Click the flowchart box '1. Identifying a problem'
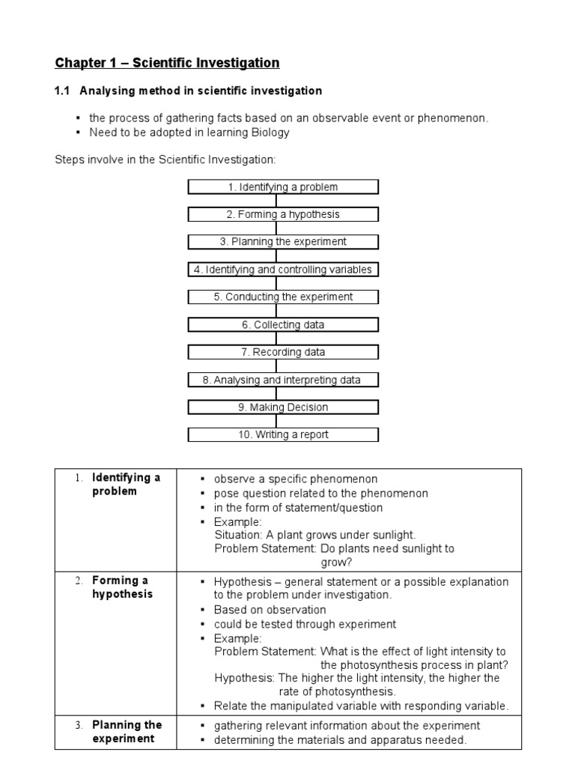coord(283,187)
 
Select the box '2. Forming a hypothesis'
coord(283,214)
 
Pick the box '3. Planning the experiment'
coord(283,242)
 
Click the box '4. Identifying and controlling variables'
coord(283,270)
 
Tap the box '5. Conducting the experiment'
coord(283,297)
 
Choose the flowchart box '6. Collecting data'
coord(283,324)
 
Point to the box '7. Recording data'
coord(283,352)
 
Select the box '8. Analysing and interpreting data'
coord(283,380)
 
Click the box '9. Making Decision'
coord(283,407)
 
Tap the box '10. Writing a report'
coord(283,434)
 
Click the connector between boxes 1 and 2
coord(276,201)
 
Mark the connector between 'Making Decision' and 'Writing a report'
coord(276,421)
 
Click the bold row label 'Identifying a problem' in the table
coord(125,485)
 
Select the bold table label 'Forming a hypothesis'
coord(121,587)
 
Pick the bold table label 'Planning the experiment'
coord(126,732)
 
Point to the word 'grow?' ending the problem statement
coord(336,563)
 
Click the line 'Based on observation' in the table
coord(270,610)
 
